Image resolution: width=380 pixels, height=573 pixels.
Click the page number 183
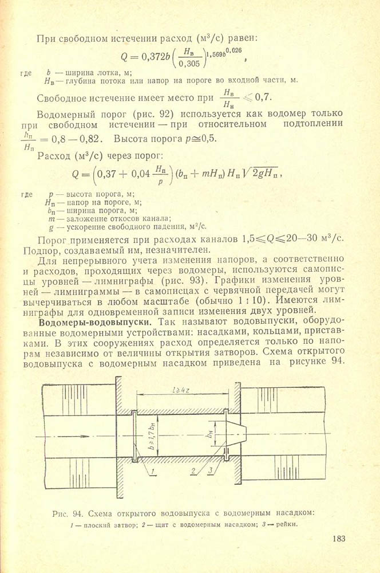tap(340, 538)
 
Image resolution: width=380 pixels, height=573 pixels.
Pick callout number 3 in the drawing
tap(211, 472)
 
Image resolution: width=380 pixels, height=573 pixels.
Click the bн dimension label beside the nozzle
tap(209, 435)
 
